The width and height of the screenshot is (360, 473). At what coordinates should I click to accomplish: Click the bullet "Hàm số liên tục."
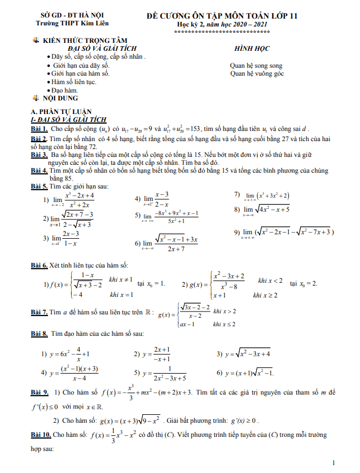coord(73,82)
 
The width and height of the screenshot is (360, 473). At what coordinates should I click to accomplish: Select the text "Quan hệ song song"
coord(256,65)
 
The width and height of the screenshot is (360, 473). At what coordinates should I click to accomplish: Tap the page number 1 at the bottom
coord(335,463)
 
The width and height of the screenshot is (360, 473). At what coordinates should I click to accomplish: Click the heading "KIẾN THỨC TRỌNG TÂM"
coord(86,41)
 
